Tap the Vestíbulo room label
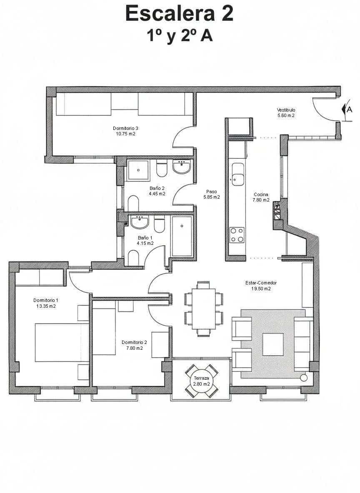pos(286,110)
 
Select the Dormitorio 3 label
pos(125,128)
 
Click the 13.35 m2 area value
pos(46,306)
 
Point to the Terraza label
pos(201,378)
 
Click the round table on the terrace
pos(202,381)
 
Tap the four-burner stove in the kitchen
pos(237,234)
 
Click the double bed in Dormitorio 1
pos(62,342)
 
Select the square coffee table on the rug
pos(272,344)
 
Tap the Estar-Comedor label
pos(261,283)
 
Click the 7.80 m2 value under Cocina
pos(261,200)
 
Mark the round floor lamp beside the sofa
pos(304,378)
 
